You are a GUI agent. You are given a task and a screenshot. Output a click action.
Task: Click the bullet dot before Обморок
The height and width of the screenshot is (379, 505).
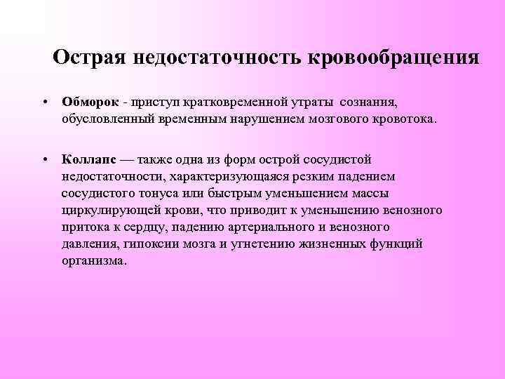coord(44,102)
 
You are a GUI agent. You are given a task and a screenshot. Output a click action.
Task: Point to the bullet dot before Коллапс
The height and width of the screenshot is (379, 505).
coord(44,160)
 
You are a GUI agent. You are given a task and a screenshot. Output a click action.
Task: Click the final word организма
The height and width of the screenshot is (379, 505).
coord(94,260)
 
